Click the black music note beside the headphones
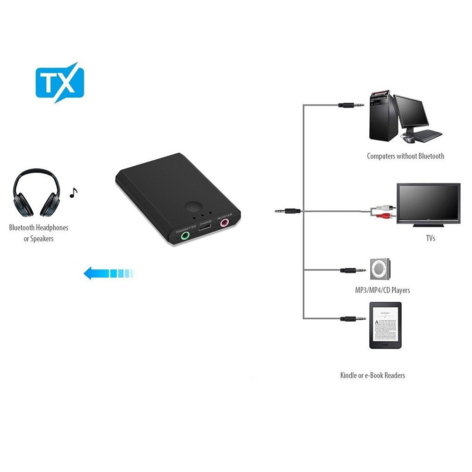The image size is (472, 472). [x=73, y=192]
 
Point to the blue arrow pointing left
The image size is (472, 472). [x=108, y=273]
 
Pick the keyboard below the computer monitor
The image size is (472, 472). [x=428, y=135]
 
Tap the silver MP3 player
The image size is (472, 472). [x=380, y=269]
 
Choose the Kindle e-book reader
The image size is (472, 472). [x=385, y=325]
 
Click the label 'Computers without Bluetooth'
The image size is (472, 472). [x=406, y=156]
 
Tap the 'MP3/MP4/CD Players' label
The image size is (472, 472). [x=382, y=290]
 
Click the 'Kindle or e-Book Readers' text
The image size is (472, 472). [x=373, y=375]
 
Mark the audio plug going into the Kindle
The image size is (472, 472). [x=353, y=319]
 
